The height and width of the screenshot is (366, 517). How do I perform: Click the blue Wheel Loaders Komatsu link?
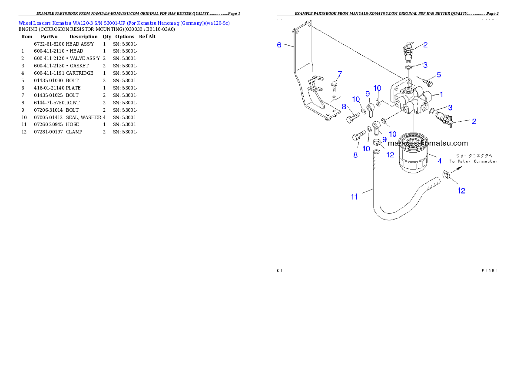click(124, 23)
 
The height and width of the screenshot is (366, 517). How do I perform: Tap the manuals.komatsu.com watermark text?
click(428, 143)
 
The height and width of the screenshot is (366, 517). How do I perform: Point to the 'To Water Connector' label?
click(473, 161)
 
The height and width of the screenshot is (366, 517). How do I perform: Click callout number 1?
click(441, 94)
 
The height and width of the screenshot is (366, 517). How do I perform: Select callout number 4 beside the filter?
click(440, 161)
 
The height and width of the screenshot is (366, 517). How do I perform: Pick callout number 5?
click(439, 75)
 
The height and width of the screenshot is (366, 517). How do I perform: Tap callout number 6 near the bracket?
click(279, 44)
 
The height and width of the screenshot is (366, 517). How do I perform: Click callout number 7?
click(340, 73)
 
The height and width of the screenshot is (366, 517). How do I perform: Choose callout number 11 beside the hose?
click(354, 197)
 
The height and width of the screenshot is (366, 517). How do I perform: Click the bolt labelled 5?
click(428, 82)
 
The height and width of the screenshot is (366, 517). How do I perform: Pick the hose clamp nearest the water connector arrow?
click(445, 176)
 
